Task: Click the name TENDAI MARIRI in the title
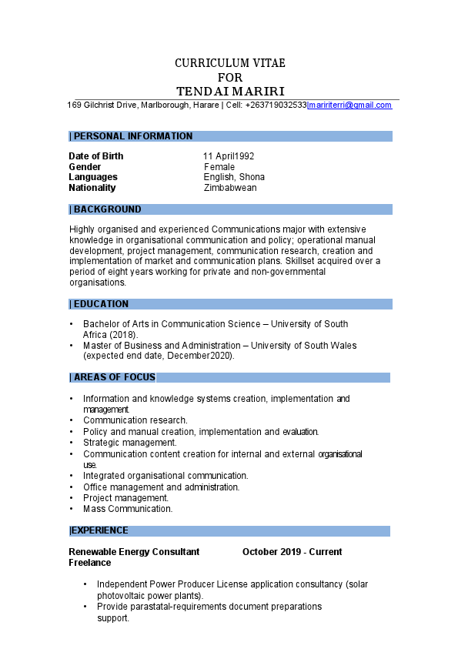(x=230, y=92)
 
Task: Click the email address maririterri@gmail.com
(x=350, y=105)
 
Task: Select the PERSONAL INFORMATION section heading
(x=132, y=136)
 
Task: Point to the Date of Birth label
(x=96, y=156)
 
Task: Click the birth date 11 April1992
(x=229, y=156)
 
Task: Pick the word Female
(x=219, y=167)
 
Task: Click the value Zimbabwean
(x=230, y=188)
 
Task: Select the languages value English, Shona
(x=234, y=177)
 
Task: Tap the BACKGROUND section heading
(x=107, y=209)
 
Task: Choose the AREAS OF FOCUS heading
(x=114, y=377)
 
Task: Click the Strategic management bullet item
(x=130, y=443)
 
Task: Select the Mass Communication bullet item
(x=128, y=509)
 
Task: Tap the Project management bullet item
(x=126, y=498)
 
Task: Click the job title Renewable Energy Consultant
(x=134, y=552)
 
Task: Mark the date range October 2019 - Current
(x=293, y=552)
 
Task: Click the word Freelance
(x=90, y=563)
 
